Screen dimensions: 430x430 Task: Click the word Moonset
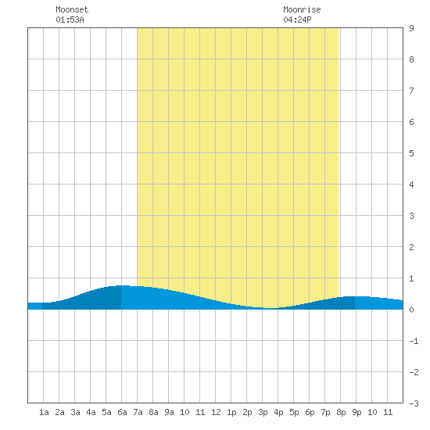pos(72,9)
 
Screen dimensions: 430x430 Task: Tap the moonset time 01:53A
pos(70,20)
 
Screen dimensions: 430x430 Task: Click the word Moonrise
pos(302,9)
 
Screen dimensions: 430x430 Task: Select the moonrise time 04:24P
pos(297,20)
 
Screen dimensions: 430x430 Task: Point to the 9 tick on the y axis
pos(411,28)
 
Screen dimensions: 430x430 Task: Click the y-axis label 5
pos(411,153)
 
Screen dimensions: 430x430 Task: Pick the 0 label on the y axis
pos(411,310)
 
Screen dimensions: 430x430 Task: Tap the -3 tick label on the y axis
pos(414,403)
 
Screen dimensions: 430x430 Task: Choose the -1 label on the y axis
pos(414,341)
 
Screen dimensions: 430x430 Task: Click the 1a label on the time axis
pos(44,412)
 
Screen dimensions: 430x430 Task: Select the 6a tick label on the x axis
pos(122,412)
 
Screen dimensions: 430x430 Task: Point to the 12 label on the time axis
pos(216,412)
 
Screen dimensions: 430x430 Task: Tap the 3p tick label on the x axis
pos(263,412)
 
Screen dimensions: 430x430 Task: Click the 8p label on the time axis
pos(341,412)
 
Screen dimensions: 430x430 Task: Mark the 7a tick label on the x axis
pos(138,412)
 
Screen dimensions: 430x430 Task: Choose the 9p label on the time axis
pos(357,412)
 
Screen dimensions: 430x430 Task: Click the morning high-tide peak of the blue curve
pos(122,285)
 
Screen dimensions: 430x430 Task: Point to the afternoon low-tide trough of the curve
pos(271,308)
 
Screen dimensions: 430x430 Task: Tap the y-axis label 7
pos(411,91)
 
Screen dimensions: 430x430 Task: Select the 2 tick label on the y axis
pos(411,247)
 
